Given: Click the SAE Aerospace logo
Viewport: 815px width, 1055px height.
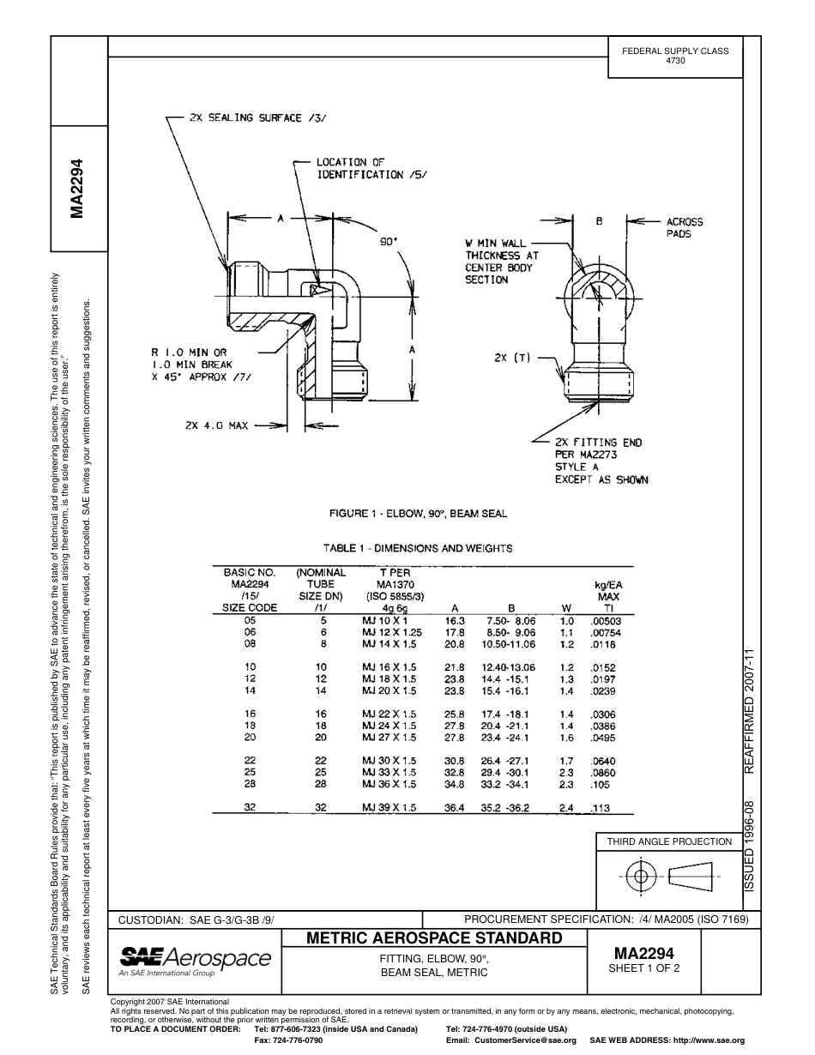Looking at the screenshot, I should [195, 962].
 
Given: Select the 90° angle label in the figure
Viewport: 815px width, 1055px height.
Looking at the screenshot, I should [389, 242].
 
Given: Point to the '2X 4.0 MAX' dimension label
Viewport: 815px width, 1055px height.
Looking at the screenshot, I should [216, 425].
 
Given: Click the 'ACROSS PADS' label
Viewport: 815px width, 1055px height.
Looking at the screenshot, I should [685, 227].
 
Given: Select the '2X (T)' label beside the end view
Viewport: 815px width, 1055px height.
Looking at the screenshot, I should [512, 359].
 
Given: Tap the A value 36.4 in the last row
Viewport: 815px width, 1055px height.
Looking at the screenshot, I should [455, 807].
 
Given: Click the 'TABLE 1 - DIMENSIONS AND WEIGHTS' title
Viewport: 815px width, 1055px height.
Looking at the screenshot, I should [418, 548].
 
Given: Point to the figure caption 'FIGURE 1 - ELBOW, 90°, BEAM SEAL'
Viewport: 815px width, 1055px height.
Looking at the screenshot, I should [418, 514].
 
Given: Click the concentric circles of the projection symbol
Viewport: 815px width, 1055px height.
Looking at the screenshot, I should [639, 876].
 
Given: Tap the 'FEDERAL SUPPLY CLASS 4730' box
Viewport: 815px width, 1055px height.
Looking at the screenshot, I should [675, 56].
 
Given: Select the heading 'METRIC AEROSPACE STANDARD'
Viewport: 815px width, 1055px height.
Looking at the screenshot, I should [434, 938].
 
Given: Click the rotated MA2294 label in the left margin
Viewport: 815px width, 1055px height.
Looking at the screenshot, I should [78, 188].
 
